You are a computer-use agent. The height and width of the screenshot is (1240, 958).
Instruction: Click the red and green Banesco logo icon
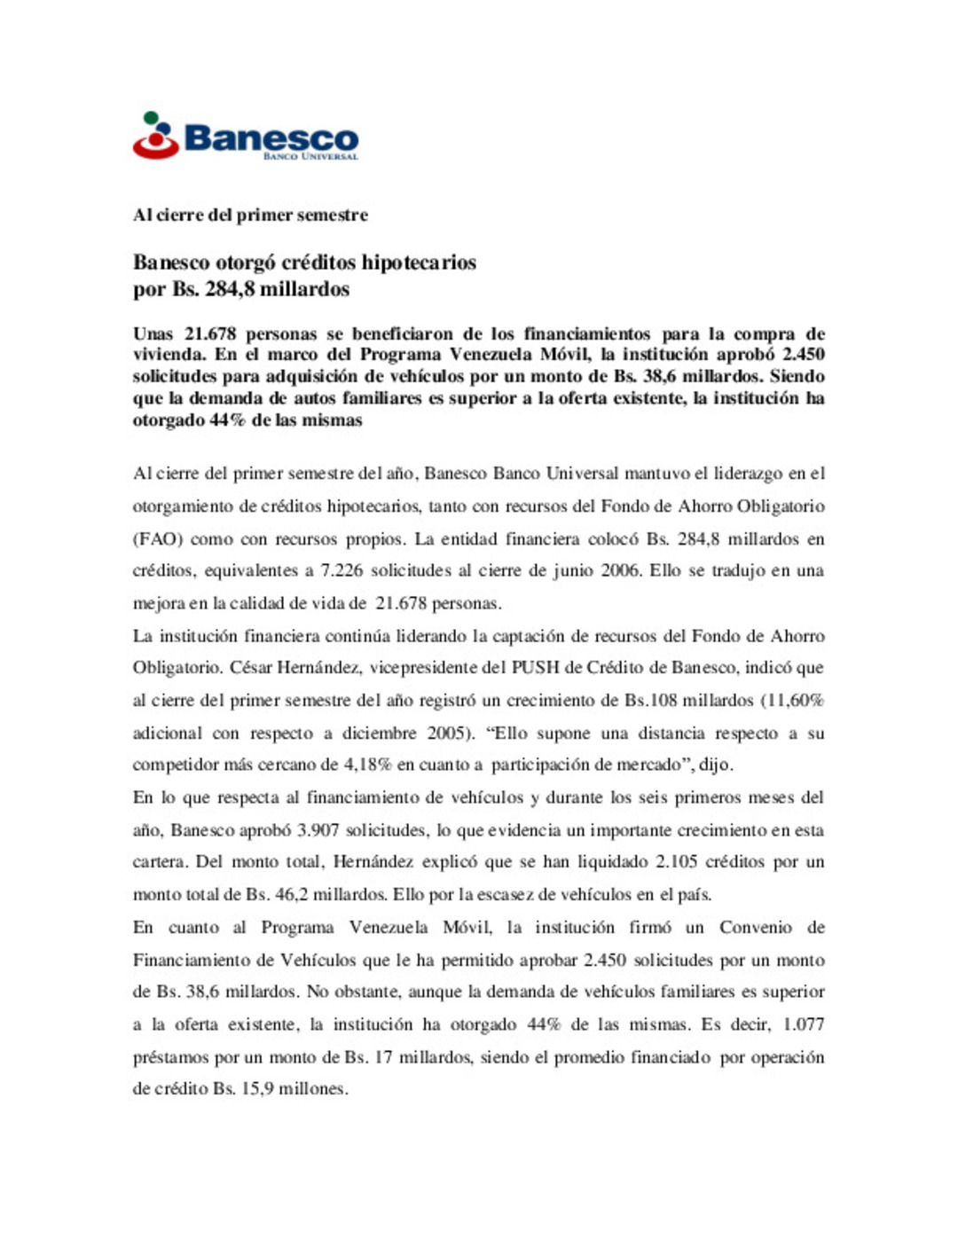[x=156, y=136]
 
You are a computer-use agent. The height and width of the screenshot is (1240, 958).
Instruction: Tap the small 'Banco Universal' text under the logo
[x=310, y=157]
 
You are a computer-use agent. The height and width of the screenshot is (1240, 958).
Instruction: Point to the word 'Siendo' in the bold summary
[x=797, y=376]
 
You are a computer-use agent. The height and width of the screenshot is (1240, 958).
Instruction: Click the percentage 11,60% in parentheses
[x=795, y=701]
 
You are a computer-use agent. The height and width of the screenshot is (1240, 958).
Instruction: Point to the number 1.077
[x=803, y=1024]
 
